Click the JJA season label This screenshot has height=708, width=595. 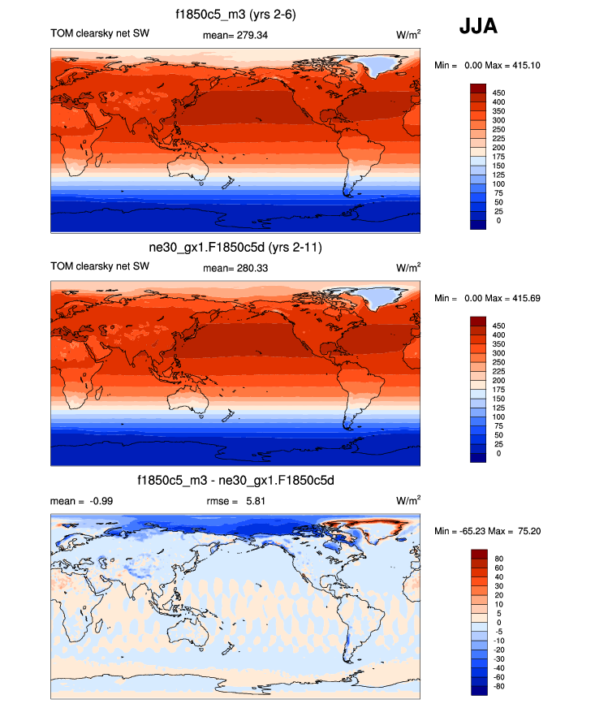click(478, 27)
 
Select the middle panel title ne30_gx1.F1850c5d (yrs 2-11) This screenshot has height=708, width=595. click(234, 248)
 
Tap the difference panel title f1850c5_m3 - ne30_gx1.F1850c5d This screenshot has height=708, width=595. click(234, 481)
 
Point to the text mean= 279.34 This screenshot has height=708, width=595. click(234, 35)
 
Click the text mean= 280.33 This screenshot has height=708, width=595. click(234, 267)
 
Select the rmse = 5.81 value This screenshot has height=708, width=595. click(236, 501)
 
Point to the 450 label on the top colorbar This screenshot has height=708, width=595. click(499, 93)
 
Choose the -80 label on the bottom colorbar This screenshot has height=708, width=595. click(498, 686)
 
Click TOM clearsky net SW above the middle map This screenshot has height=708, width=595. click(100, 266)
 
